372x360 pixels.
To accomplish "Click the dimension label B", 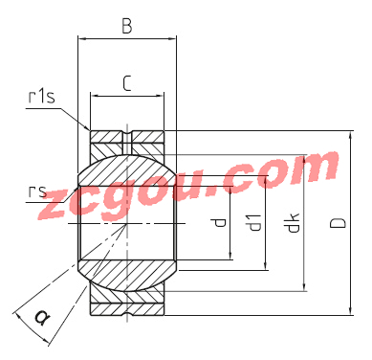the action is point(127,26).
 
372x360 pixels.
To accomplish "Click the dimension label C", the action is point(127,84).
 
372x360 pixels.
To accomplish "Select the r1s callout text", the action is point(41,97).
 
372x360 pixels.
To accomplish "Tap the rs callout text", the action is point(37,191).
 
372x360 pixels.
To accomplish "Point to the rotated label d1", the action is point(255,222).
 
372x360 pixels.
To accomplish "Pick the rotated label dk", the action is point(293,222).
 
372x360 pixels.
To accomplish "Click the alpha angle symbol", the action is point(42,318).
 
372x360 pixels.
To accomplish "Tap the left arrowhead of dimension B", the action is point(82,39).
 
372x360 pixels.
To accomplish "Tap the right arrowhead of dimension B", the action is point(172,39).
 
